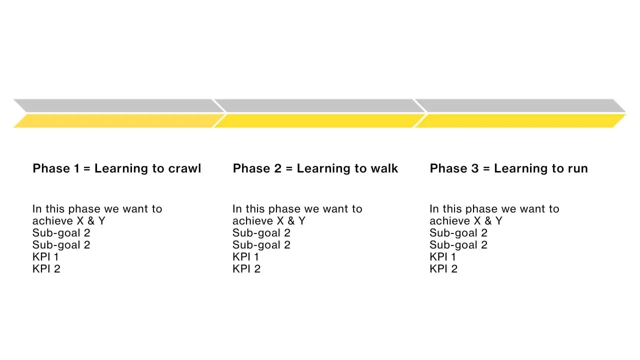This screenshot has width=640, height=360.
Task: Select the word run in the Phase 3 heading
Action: click(x=577, y=168)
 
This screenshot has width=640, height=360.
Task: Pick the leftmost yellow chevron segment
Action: click(x=117, y=121)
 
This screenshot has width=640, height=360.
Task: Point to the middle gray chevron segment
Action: click(x=319, y=105)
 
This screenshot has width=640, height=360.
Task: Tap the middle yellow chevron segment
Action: click(x=319, y=121)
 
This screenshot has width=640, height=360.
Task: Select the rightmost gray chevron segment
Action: click(x=520, y=105)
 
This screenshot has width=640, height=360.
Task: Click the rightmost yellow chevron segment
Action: click(x=520, y=121)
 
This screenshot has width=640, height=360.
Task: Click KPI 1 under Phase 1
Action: click(x=46, y=257)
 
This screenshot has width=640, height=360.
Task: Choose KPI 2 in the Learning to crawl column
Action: click(x=46, y=269)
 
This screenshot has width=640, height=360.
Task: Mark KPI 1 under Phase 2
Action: click(x=246, y=257)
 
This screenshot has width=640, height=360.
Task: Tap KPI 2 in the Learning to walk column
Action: click(x=246, y=269)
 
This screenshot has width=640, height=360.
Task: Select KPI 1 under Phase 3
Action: click(x=443, y=257)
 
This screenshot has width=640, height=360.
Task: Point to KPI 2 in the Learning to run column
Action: click(x=443, y=269)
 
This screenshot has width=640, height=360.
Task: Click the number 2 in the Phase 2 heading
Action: click(x=278, y=168)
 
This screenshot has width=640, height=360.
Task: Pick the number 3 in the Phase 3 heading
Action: click(x=475, y=168)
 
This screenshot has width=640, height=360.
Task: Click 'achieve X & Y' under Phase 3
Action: click(x=465, y=221)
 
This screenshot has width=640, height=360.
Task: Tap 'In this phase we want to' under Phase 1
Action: click(x=97, y=209)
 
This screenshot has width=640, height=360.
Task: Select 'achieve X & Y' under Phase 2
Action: click(x=268, y=221)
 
